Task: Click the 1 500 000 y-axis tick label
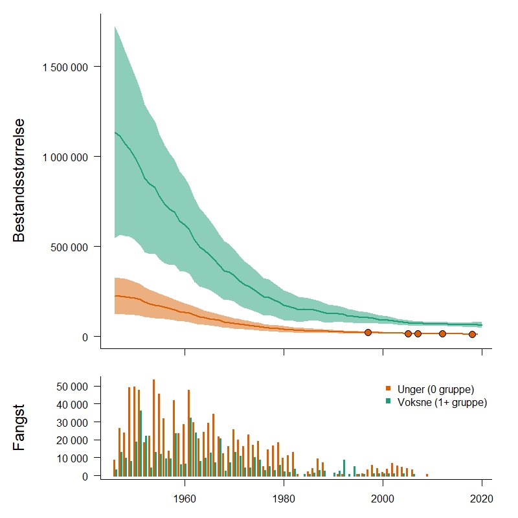65,67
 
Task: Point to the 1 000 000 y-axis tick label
65,157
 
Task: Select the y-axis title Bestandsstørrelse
19,179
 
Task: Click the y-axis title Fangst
19,427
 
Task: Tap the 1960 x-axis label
185,499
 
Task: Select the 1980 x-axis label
284,499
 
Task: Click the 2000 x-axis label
383,499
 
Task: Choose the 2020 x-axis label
482,499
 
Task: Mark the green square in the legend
388,402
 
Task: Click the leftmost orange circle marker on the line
368,332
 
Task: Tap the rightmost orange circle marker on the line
472,334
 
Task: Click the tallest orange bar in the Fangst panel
153,427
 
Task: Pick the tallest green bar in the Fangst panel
141,444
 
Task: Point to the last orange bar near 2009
427,475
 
